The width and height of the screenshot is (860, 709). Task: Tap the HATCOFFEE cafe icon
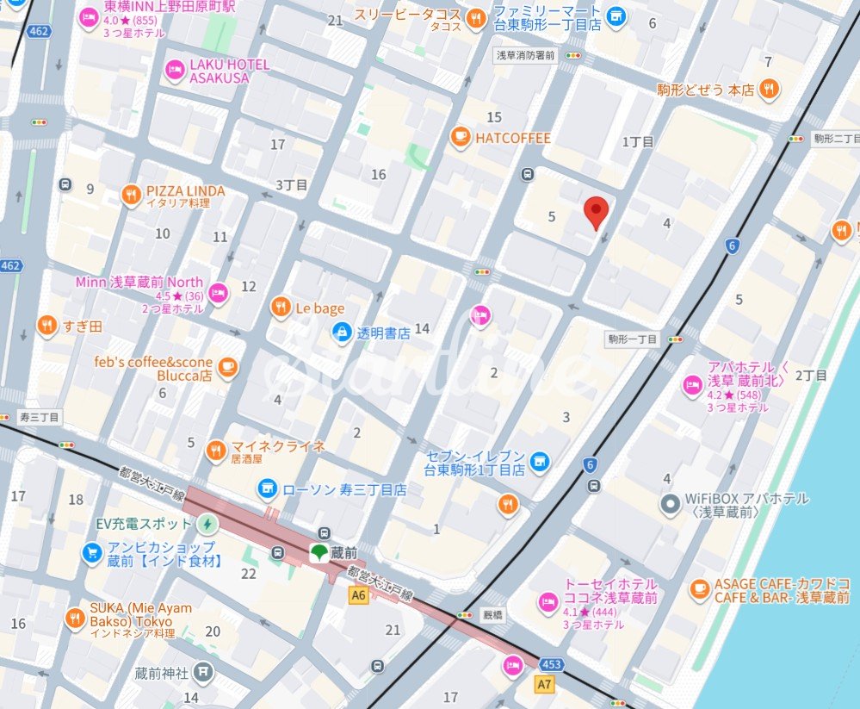pyautogui.click(x=461, y=137)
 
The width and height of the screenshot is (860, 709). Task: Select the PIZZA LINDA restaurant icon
pyautogui.click(x=131, y=195)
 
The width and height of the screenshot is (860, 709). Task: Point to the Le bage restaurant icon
pyautogui.click(x=280, y=307)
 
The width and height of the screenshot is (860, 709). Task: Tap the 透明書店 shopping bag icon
pyautogui.click(x=342, y=332)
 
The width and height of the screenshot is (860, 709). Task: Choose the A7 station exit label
pyautogui.click(x=543, y=684)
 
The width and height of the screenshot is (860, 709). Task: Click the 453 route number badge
pyautogui.click(x=553, y=664)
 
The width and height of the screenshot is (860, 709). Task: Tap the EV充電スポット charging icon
pyautogui.click(x=207, y=523)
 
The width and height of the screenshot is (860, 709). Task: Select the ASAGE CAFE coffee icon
pyautogui.click(x=700, y=589)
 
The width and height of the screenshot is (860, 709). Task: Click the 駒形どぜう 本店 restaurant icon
pyautogui.click(x=770, y=88)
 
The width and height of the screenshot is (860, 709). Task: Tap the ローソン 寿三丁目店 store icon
pyautogui.click(x=268, y=489)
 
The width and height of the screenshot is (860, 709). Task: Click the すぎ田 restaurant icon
pyautogui.click(x=46, y=326)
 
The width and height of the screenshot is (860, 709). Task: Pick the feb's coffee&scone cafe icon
pyautogui.click(x=227, y=368)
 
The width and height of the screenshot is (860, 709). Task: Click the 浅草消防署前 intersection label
pyautogui.click(x=525, y=54)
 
